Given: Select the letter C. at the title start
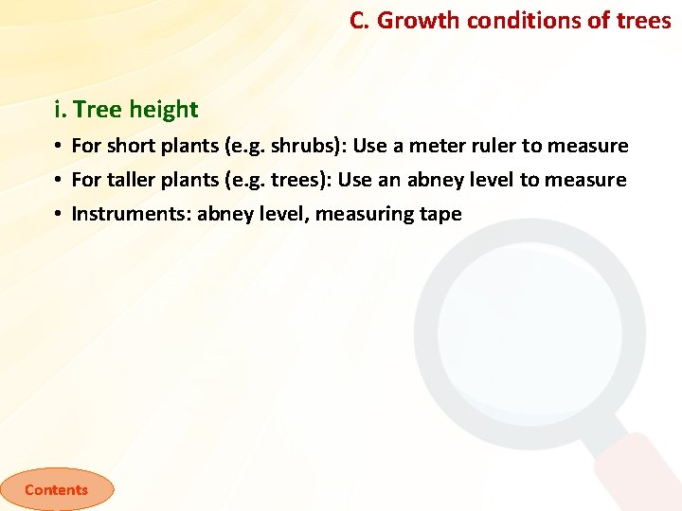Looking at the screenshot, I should [x=360, y=21].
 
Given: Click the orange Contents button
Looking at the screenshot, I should [x=56, y=489].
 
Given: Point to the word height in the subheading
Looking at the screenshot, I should [x=164, y=110].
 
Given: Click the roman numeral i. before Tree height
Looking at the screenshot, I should [x=61, y=110].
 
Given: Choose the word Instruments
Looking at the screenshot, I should [x=130, y=214].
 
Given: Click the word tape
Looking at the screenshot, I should [x=440, y=214].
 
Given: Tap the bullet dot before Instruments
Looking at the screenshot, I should [x=58, y=215].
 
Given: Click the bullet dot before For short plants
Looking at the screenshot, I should [x=58, y=147].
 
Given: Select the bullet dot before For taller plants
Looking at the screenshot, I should [x=58, y=181].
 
